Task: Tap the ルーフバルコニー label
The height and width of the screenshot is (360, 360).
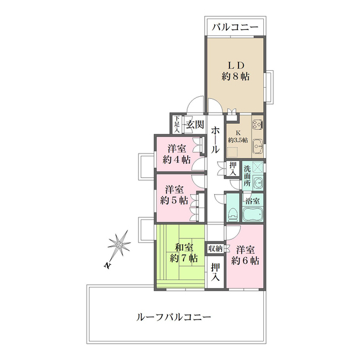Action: point(174,317)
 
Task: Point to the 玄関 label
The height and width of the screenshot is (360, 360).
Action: point(195,124)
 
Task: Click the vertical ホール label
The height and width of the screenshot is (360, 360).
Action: point(215,141)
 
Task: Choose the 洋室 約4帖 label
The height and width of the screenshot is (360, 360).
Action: point(177,154)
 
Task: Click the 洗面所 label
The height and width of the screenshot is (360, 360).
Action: point(247,175)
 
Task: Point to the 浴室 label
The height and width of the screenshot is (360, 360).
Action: point(251,200)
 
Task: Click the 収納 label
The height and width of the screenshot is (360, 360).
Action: point(215,248)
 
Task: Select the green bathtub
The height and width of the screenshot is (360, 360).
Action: point(254,215)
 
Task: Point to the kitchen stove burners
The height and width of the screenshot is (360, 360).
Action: point(258,124)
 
